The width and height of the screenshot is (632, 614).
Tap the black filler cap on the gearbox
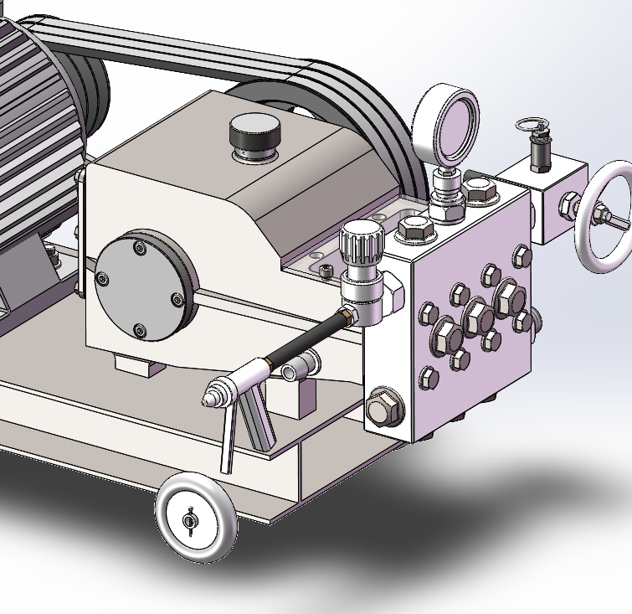pos(254,133)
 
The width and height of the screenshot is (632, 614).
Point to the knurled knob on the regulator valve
pos(361,242)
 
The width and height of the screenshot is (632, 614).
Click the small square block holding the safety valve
pos(548,200)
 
